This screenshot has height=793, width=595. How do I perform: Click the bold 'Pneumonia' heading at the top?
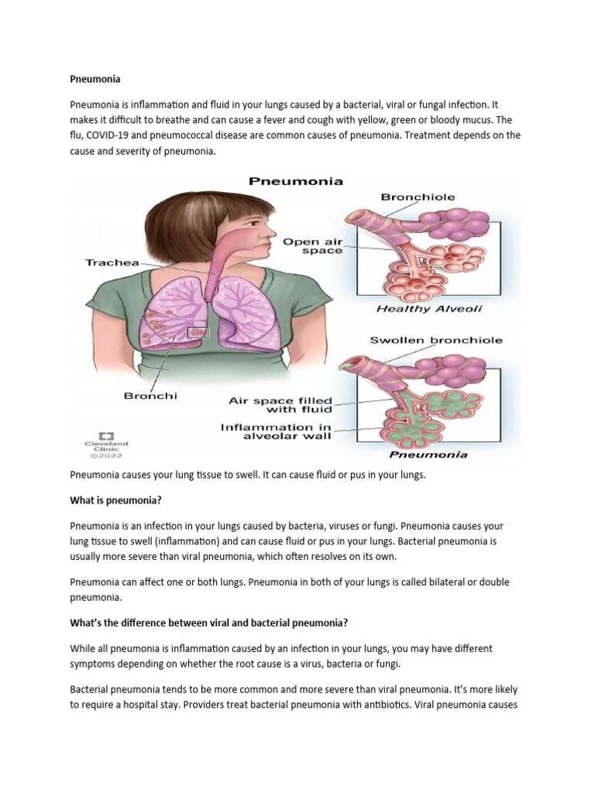click(91, 78)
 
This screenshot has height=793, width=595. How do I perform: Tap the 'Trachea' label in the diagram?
click(112, 263)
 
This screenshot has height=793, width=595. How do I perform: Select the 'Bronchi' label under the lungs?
click(150, 396)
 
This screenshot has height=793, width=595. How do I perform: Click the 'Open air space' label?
click(312, 246)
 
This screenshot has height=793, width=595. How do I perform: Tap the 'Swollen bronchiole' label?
click(436, 340)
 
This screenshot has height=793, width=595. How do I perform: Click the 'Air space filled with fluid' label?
click(280, 404)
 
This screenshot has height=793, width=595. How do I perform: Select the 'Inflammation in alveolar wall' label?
click(276, 431)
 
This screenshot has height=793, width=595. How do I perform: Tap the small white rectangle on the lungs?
click(197, 331)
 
